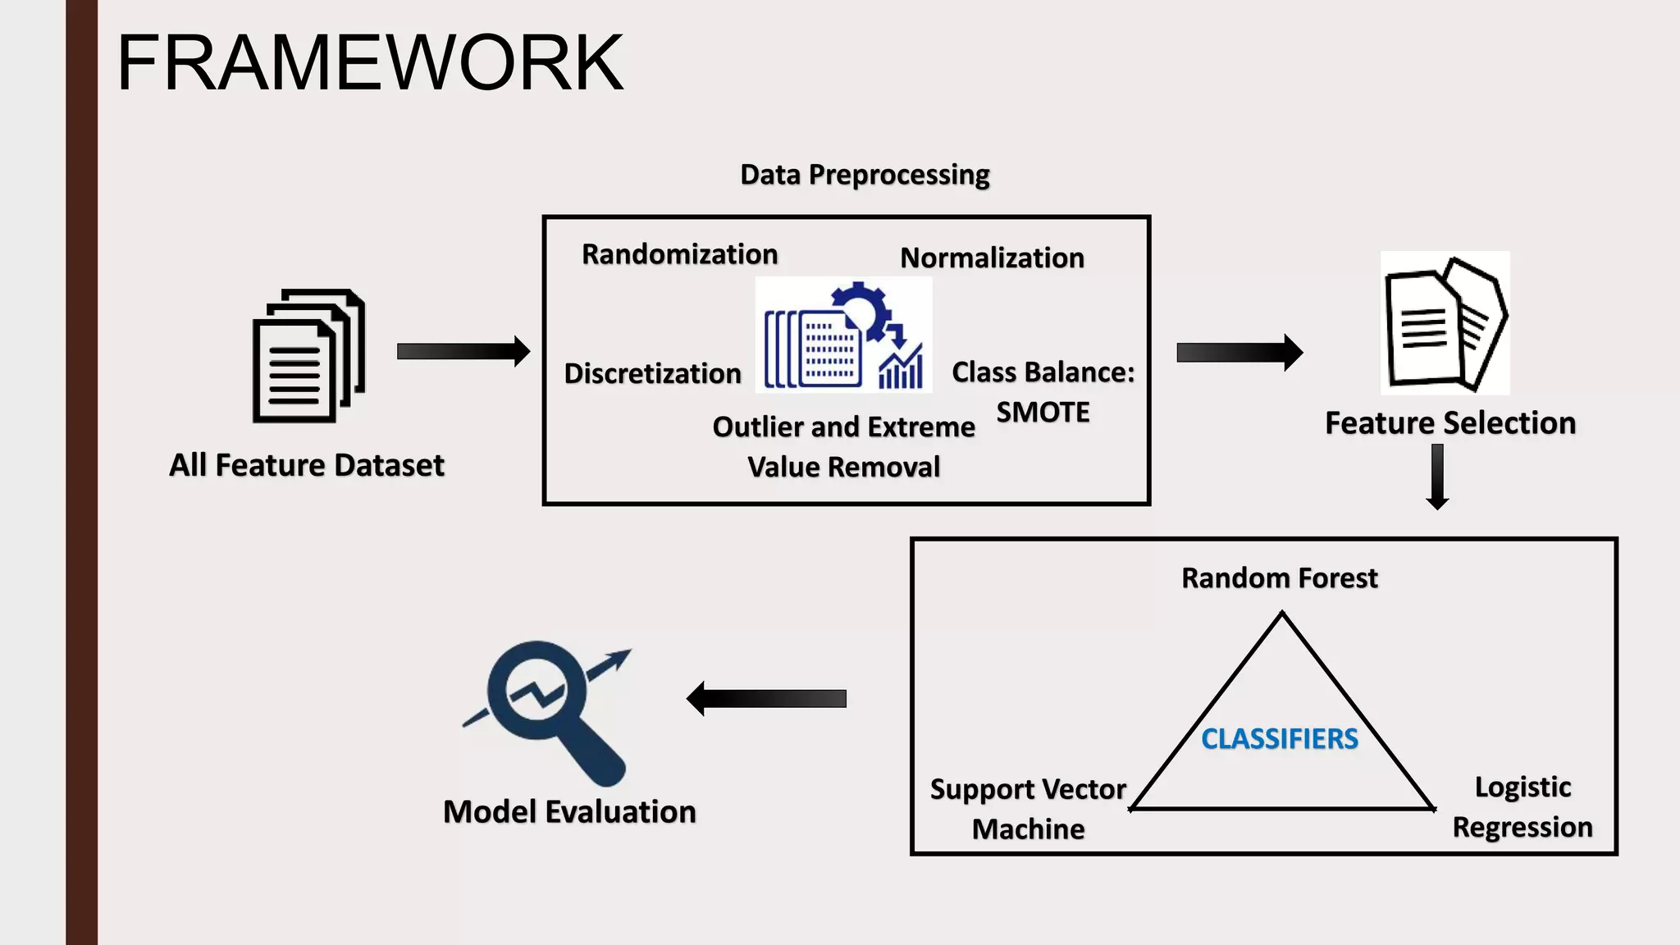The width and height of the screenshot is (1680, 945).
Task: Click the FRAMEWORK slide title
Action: [370, 63]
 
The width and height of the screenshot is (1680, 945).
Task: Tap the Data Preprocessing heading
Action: [865, 175]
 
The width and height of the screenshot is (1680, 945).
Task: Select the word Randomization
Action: [679, 254]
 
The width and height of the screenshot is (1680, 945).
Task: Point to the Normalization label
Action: [992, 258]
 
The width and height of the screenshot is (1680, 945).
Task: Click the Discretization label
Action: [652, 373]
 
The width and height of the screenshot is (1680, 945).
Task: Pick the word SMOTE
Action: [1043, 412]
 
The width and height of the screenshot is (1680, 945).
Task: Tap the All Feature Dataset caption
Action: [306, 465]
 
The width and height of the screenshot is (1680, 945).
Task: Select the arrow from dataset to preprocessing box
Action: [463, 351]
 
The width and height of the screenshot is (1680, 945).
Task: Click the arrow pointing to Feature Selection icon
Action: [1239, 353]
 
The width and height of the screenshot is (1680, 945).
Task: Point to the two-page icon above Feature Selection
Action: [1445, 323]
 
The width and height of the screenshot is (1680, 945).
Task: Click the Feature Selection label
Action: [1450, 423]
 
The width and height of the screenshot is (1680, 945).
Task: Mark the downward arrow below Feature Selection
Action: [1437, 477]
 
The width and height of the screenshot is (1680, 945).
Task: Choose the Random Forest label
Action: [1279, 578]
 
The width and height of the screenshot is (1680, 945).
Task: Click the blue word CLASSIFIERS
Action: [1280, 739]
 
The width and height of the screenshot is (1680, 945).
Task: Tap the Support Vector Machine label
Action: [1028, 809]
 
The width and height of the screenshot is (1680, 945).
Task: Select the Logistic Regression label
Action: [1522, 807]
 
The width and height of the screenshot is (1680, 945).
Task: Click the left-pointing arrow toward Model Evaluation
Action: [766, 698]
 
